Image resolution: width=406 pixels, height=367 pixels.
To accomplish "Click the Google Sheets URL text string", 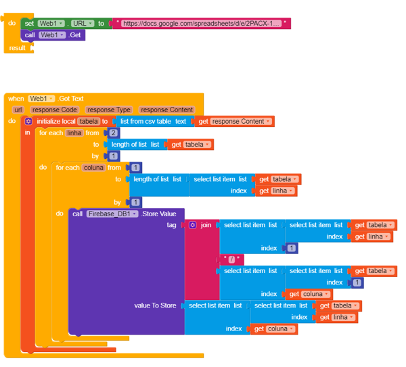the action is pyautogui.click(x=202, y=24).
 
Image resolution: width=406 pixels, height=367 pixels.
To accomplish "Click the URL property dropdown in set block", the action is pyautogui.click(x=83, y=24).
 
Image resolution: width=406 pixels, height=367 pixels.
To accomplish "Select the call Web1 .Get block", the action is pyautogui.click(x=53, y=35).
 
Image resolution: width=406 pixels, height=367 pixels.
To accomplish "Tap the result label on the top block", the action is pyautogui.click(x=17, y=48).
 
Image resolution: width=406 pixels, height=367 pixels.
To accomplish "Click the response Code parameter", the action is pyautogui.click(x=55, y=110).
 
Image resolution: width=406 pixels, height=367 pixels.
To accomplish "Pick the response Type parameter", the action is pyautogui.click(x=109, y=110).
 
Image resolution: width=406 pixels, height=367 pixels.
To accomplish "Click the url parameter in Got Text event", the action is pyautogui.click(x=18, y=110).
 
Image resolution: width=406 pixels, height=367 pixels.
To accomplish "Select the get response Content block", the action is pyautogui.click(x=234, y=122).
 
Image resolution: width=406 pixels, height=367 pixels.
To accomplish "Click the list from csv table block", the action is pyautogui.click(x=154, y=122).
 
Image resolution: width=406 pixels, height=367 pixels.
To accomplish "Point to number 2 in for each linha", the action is pyautogui.click(x=113, y=133).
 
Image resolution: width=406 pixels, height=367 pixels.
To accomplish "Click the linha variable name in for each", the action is pyautogui.click(x=74, y=133).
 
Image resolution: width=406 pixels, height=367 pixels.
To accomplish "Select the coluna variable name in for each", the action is pyautogui.click(x=93, y=168).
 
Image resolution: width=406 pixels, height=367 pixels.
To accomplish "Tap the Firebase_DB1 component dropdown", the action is pyautogui.click(x=112, y=214).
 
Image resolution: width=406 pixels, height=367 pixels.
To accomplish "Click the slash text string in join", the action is pyautogui.click(x=231, y=260).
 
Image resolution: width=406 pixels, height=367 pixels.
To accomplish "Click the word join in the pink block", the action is pyautogui.click(x=206, y=225).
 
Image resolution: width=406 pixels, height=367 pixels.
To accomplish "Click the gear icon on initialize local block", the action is pyautogui.click(x=28, y=122).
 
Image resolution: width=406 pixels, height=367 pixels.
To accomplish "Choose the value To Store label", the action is pyautogui.click(x=155, y=305).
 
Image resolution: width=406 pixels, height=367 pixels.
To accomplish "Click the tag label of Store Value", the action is pyautogui.click(x=171, y=225).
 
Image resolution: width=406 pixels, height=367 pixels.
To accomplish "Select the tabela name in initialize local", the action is pyautogui.click(x=89, y=122).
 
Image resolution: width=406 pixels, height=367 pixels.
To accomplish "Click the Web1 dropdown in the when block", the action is pyautogui.click(x=41, y=99).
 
